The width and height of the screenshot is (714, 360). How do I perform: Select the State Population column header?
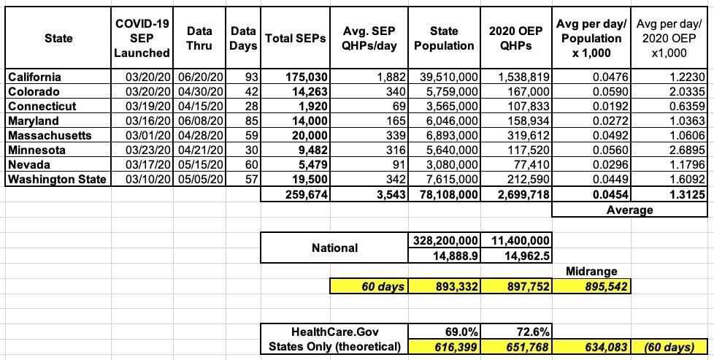444,38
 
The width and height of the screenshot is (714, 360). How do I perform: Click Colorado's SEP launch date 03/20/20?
142,91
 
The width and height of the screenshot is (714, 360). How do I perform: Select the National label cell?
334,248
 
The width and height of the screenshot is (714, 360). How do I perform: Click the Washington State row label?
57,179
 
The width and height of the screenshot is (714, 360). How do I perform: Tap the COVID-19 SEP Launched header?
142,38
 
